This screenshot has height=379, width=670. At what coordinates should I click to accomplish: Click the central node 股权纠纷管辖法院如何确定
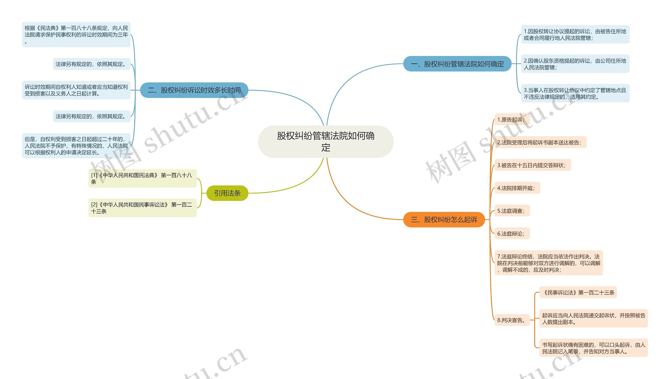(326, 142)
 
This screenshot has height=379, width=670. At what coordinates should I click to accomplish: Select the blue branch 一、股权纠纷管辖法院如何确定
(457, 64)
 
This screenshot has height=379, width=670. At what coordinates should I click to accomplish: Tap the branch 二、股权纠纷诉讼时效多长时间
(194, 90)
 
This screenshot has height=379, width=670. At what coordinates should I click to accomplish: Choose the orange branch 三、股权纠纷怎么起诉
(444, 220)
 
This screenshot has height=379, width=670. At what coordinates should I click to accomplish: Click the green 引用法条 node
(227, 193)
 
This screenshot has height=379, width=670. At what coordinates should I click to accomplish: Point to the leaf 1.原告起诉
(512, 120)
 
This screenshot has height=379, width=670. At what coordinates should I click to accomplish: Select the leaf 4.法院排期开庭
(517, 188)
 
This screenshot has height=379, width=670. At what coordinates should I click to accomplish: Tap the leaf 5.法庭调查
(512, 211)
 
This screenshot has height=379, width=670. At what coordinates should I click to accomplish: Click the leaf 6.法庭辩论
(512, 234)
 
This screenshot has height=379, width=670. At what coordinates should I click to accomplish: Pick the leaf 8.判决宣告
(512, 320)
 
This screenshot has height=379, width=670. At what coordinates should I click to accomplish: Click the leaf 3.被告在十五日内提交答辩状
(532, 165)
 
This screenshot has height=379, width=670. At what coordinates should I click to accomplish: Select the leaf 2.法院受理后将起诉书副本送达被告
(540, 142)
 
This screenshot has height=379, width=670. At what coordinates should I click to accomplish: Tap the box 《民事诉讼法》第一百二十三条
(578, 293)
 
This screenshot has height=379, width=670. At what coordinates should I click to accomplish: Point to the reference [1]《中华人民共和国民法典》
(142, 178)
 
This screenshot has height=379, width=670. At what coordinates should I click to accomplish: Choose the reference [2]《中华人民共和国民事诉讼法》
(142, 208)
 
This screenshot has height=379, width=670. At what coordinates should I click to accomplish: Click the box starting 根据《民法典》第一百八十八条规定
(76, 35)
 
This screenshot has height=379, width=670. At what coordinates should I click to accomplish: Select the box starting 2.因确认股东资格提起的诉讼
(575, 64)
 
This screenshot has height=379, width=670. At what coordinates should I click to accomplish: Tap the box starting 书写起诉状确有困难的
(593, 348)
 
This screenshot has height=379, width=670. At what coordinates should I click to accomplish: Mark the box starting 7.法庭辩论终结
(549, 263)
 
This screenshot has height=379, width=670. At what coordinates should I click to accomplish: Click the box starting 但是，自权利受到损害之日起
(76, 146)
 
